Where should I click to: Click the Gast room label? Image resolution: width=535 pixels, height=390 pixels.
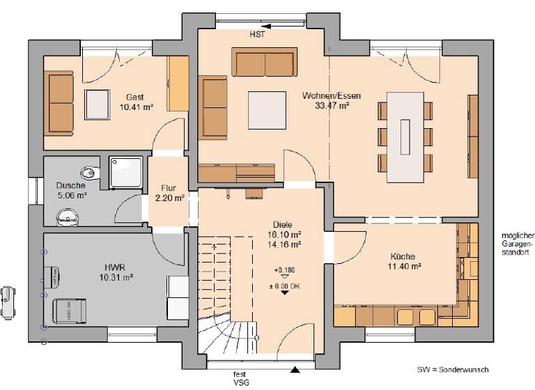(136, 97)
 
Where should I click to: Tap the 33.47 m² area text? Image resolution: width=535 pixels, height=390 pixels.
(332, 107)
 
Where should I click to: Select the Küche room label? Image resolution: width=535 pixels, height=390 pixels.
(403, 255)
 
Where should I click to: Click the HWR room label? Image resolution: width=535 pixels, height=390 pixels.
(116, 267)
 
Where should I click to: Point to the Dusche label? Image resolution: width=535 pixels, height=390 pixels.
(71, 186)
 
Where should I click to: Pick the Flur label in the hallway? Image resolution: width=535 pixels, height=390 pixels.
(169, 188)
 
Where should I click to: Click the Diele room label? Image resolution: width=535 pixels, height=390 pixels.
(282, 224)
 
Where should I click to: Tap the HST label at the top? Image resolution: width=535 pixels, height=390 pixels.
(257, 33)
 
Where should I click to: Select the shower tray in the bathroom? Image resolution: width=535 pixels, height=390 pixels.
(126, 172)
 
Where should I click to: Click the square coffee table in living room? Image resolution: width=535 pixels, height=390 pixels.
(267, 110)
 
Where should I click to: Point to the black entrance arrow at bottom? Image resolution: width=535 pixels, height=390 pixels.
(296, 370)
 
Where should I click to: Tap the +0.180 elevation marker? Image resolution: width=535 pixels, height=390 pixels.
(284, 270)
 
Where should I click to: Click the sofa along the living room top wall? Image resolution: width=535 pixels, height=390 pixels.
(265, 63)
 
